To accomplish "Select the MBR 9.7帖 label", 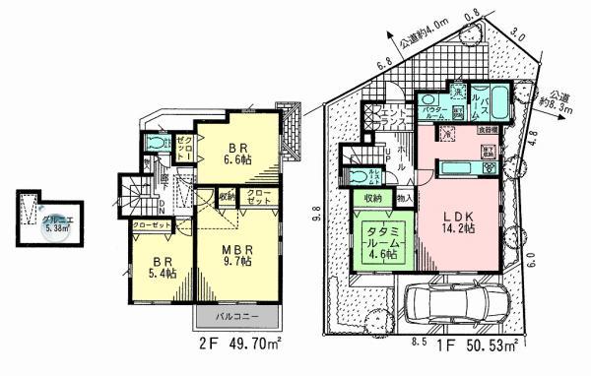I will (x=239, y=257).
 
